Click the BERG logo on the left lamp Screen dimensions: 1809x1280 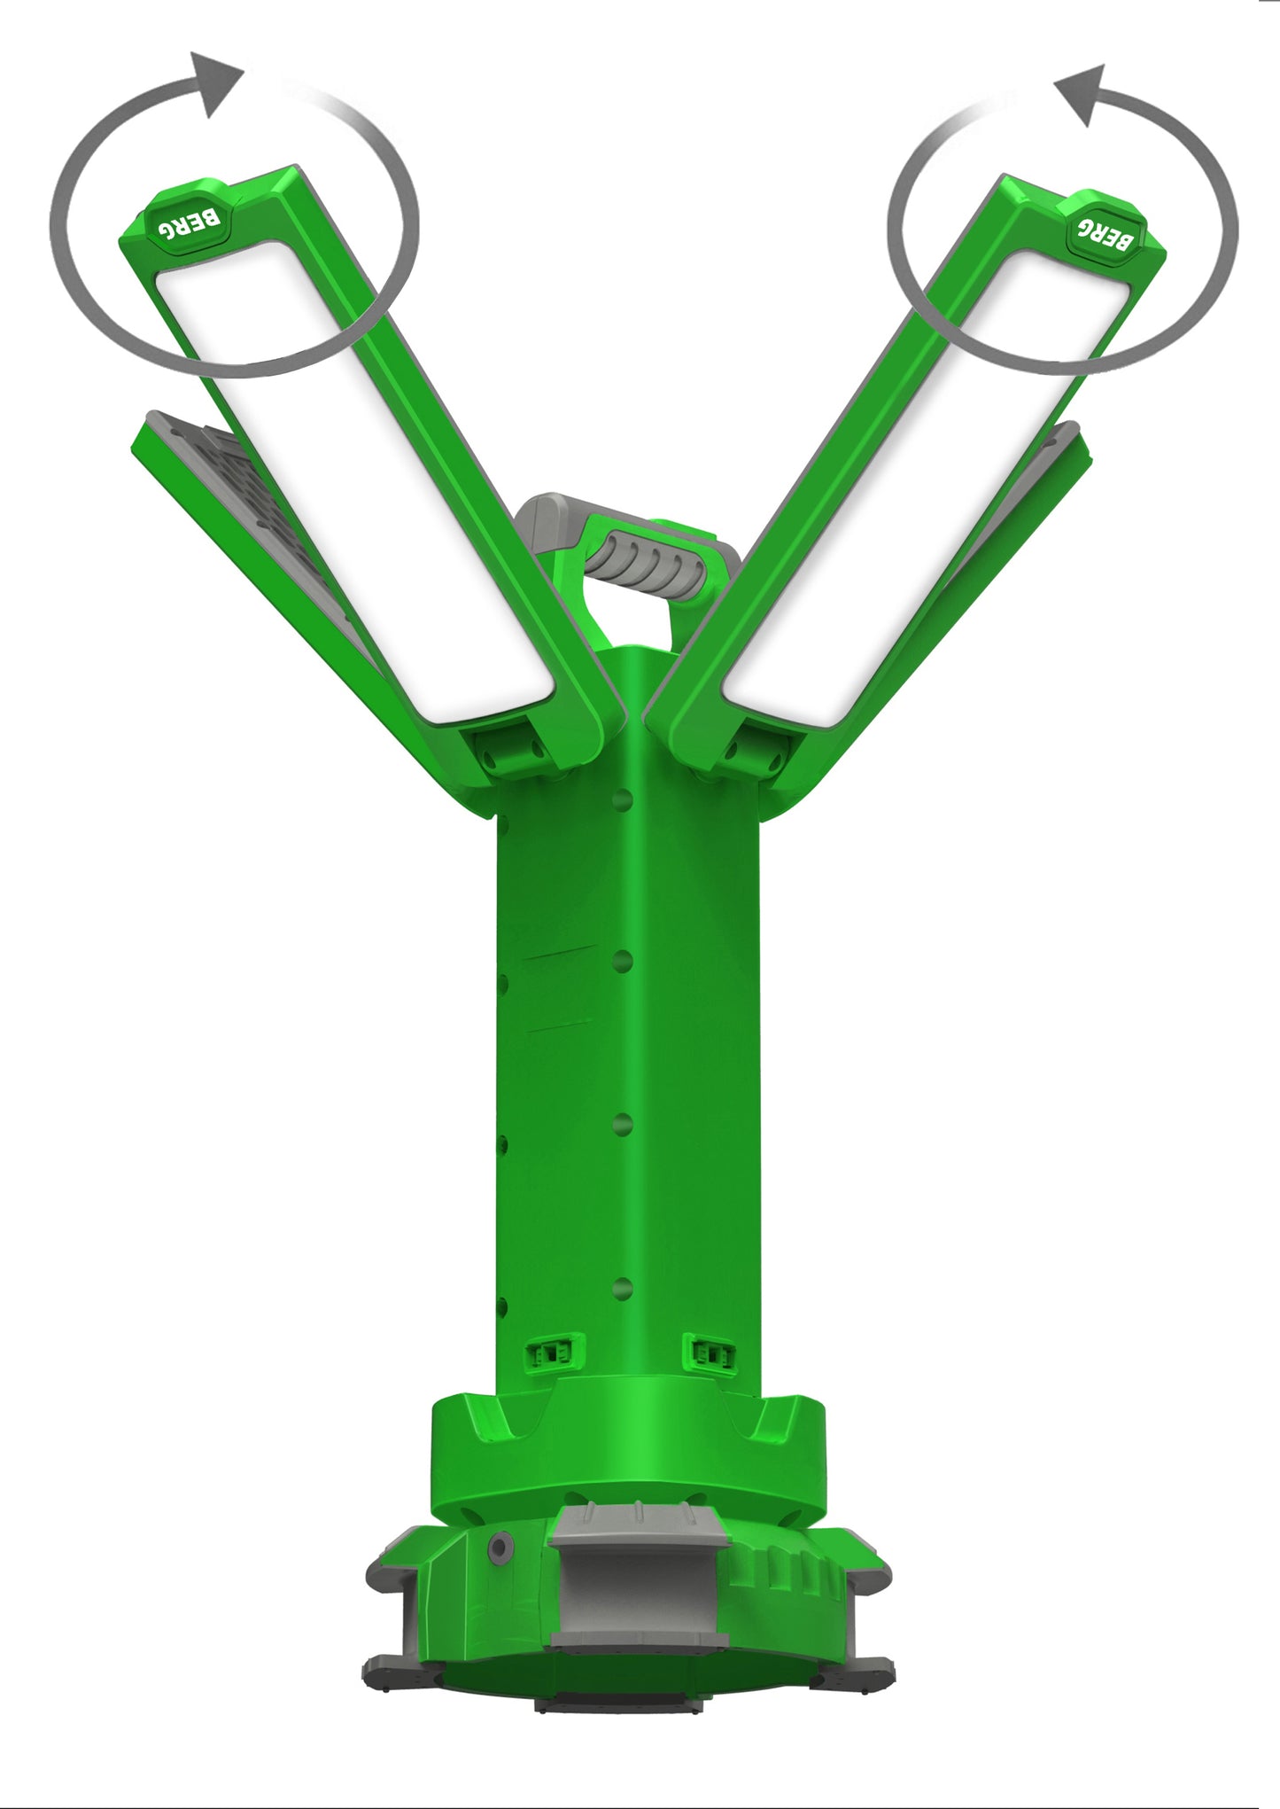(189, 221)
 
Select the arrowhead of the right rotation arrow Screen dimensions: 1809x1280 (1081, 93)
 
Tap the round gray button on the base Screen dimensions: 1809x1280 (500, 1547)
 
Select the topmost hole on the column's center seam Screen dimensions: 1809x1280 (623, 800)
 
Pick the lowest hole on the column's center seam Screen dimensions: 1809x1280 (623, 1289)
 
